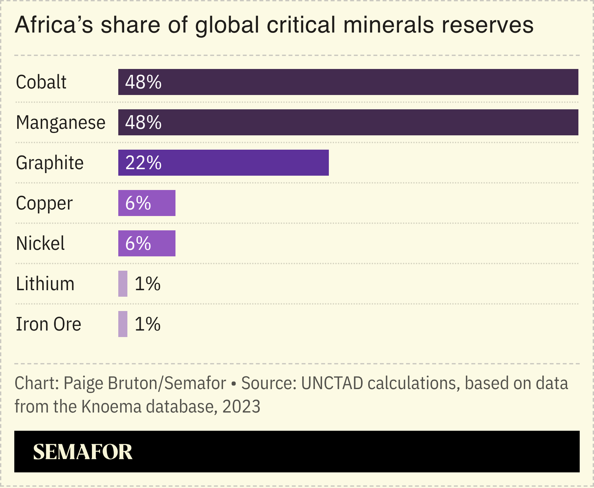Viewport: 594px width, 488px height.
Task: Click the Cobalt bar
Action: pos(348,82)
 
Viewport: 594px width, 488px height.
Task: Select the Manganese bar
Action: pos(348,122)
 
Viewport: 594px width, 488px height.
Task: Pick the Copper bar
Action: pos(162,203)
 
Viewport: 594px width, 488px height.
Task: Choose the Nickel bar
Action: pos(162,243)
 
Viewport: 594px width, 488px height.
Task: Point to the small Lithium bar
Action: pos(123,284)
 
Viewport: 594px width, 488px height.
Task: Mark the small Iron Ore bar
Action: pos(123,324)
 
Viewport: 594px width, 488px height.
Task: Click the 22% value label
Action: pos(143,163)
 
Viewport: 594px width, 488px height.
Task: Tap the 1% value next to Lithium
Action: pos(148,284)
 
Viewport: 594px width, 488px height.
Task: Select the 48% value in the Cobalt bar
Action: pos(143,82)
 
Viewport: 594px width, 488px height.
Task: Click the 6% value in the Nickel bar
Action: pos(138,243)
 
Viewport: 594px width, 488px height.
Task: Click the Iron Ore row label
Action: pos(48,324)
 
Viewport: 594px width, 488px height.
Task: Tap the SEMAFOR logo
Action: pos(83,452)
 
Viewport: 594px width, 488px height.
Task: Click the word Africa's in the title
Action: pos(54,25)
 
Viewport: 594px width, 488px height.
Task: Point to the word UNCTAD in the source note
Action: pos(332,383)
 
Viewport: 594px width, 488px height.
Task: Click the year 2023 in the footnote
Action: pos(241,406)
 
